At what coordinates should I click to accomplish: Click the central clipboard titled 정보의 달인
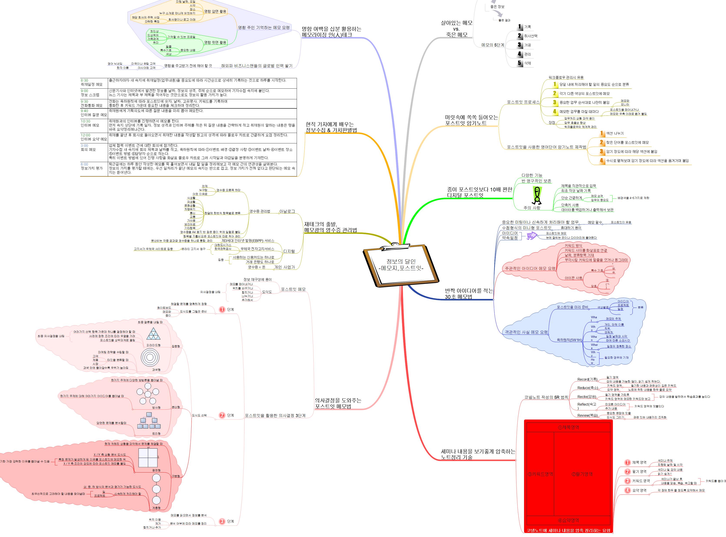pos(401,265)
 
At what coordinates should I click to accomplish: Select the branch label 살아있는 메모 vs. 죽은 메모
pos(456,29)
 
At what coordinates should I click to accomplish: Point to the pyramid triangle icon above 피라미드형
pos(153,334)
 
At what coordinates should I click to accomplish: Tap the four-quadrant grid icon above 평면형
pos(148,458)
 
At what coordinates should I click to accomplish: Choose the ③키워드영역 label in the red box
pos(540,474)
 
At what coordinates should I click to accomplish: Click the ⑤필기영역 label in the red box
pos(582,474)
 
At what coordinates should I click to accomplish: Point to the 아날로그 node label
pos(287,211)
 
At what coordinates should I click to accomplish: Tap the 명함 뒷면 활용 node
pos(215,42)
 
